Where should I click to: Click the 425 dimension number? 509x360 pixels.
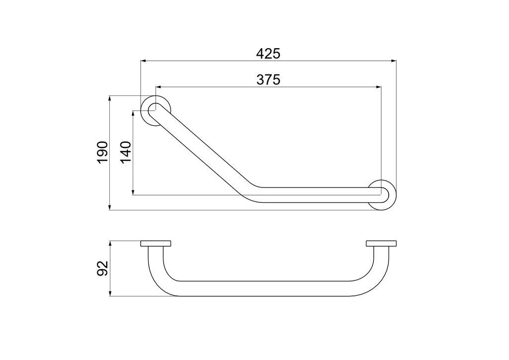click(268, 54)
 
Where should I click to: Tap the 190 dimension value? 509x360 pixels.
click(102, 153)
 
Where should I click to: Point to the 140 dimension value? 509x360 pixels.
click(126, 152)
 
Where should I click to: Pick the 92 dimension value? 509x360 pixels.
click(102, 268)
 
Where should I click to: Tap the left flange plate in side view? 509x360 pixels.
click(156, 244)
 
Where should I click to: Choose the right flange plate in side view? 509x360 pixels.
click(381, 244)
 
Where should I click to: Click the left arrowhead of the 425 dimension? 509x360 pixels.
click(143, 60)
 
